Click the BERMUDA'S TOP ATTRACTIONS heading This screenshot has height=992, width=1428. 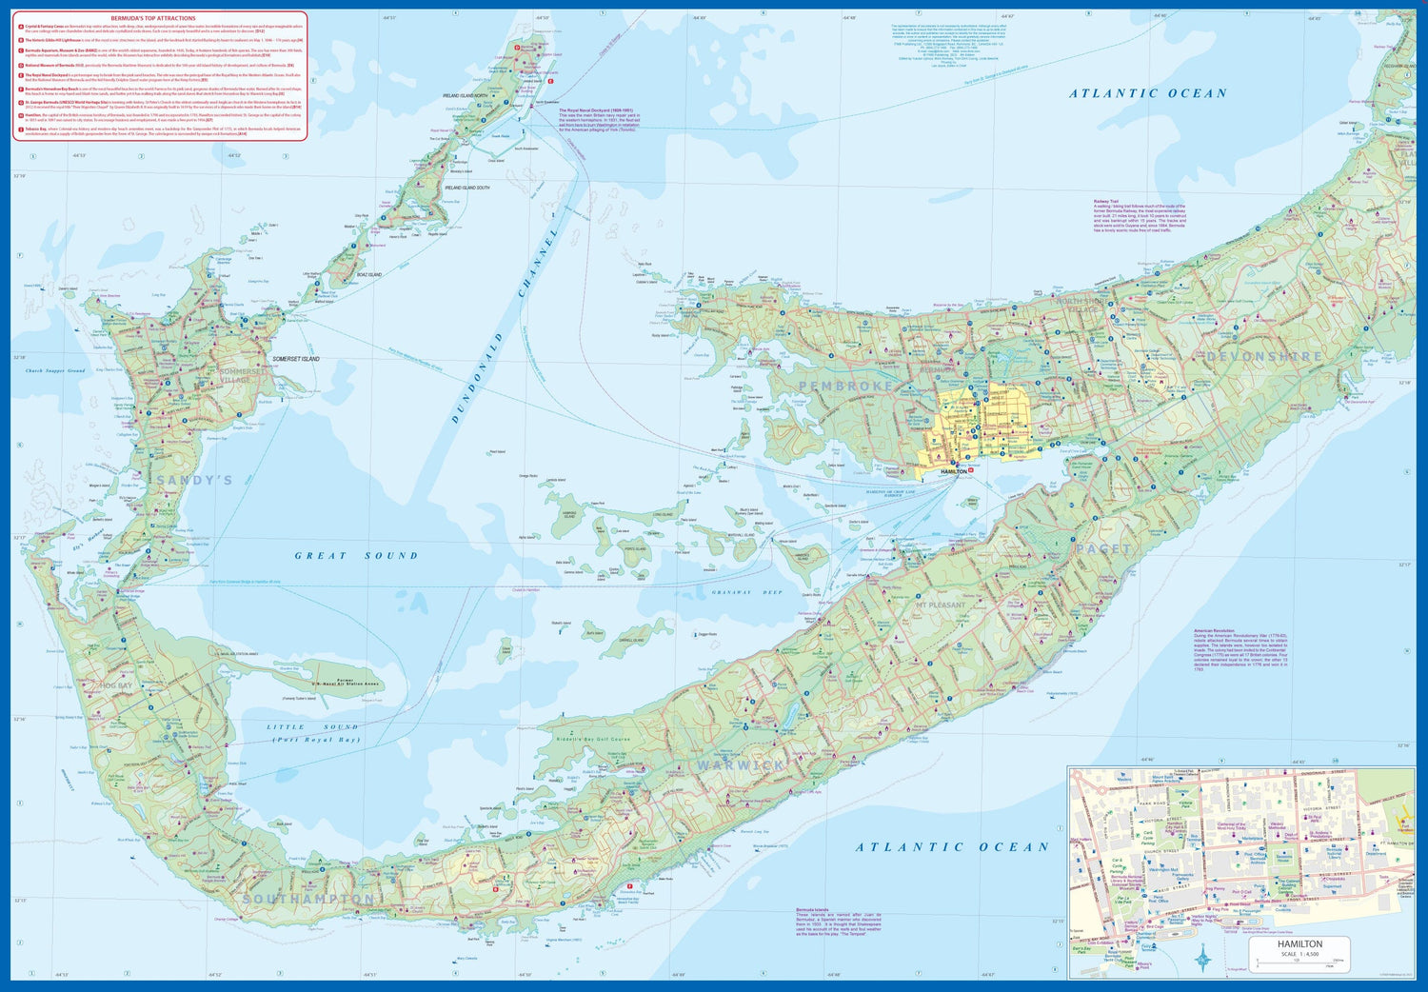pos(160,18)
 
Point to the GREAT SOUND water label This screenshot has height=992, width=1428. pos(356,556)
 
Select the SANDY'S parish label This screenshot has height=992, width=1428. pos(194,481)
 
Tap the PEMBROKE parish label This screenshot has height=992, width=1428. pos(846,386)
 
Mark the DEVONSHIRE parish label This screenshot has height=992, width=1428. pos(1264,357)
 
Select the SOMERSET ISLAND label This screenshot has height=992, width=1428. pos(296,359)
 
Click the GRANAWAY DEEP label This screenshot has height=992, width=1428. pos(746,592)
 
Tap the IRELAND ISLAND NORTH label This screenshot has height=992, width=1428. pos(465,96)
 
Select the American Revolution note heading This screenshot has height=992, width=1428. pos(1214,630)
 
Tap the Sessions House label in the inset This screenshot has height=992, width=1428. pos(1284,858)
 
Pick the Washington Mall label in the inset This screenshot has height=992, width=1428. pos(1163,869)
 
